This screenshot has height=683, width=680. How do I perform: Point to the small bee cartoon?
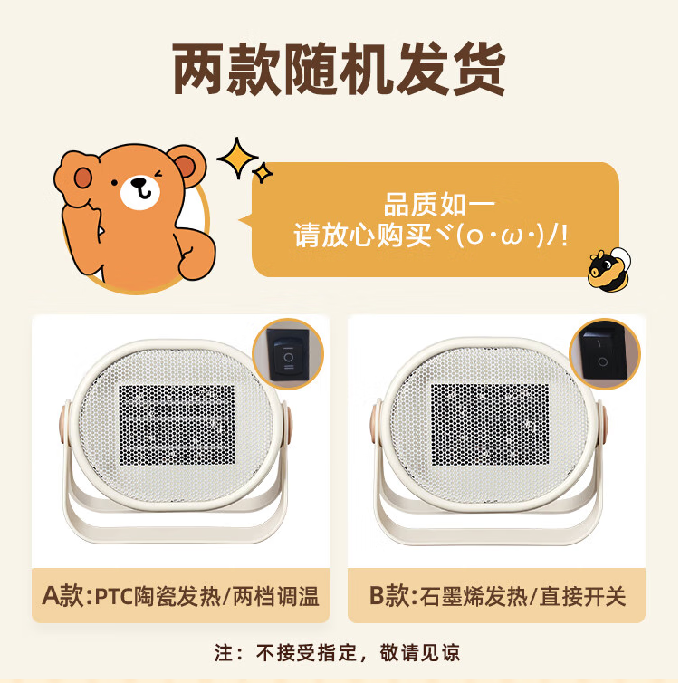pyautogui.click(x=603, y=268)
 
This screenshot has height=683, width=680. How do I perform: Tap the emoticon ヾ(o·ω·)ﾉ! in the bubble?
pyautogui.click(x=512, y=236)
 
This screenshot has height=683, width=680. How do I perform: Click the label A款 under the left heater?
pyautogui.click(x=65, y=596)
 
